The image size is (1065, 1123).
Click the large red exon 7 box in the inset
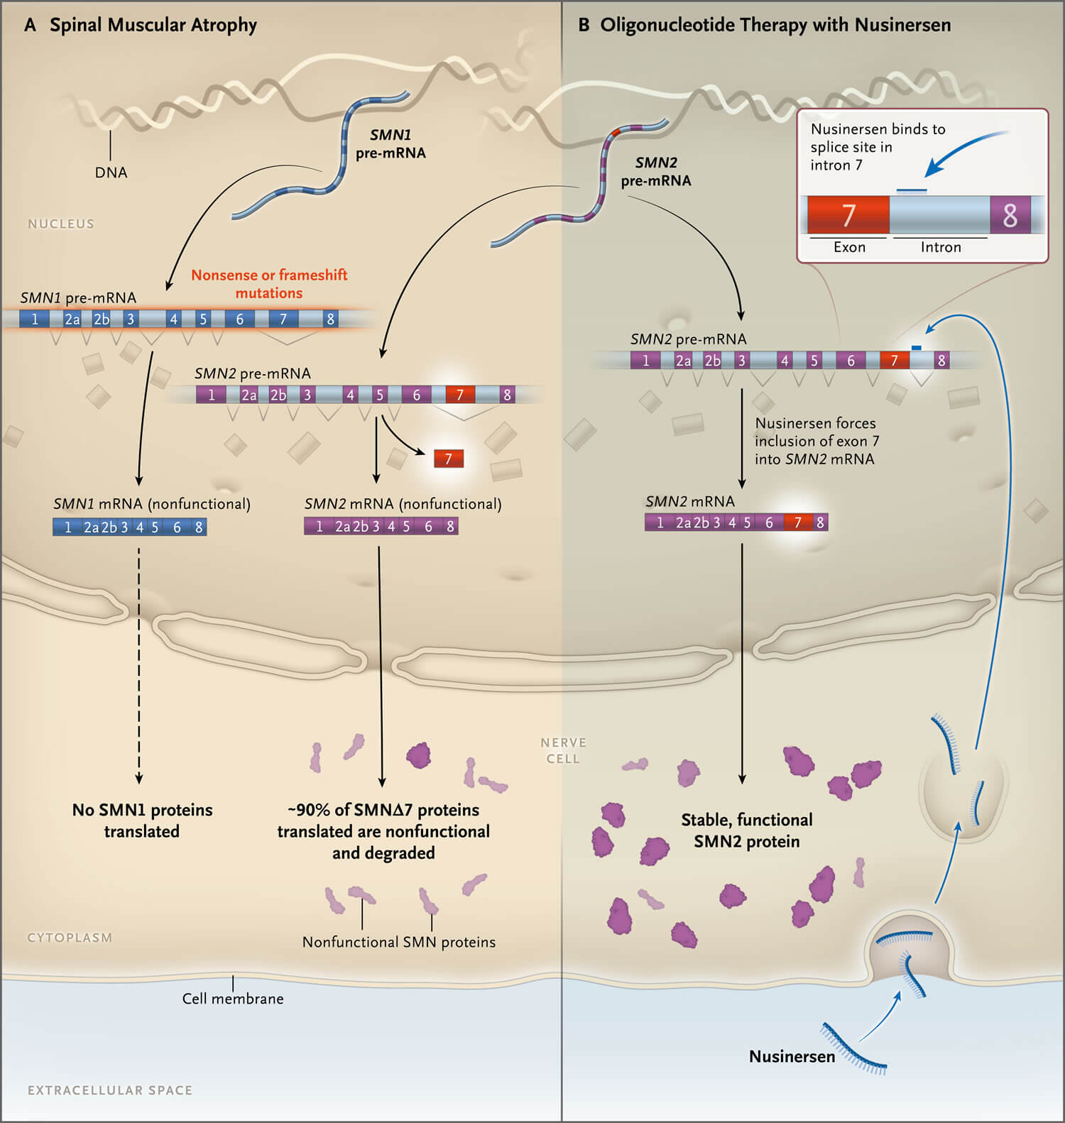[x=848, y=214]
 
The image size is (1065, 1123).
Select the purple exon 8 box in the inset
[x=1010, y=214]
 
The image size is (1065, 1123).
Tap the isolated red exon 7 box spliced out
[x=448, y=459]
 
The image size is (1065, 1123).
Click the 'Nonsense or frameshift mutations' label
[x=269, y=284]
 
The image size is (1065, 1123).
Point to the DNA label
[x=111, y=172]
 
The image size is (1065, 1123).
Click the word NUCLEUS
[x=61, y=224]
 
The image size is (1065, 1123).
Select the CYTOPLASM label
[x=70, y=938]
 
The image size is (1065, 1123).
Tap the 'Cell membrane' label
[x=233, y=999]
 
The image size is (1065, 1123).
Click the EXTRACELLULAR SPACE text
[x=110, y=1090]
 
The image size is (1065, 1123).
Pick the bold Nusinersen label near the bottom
[x=792, y=1056]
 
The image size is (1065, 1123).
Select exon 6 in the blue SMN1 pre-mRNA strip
[x=240, y=319]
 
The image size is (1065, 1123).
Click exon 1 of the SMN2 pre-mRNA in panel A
[x=211, y=395]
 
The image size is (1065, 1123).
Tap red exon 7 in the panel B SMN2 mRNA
[x=798, y=522]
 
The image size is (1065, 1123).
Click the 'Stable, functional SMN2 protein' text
[x=747, y=831]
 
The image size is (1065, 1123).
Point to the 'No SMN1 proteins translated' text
[x=142, y=821]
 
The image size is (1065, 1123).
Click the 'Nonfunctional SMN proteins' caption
[x=399, y=942]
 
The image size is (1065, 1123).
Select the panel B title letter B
[x=584, y=26]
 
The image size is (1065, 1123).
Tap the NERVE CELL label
[x=563, y=750]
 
